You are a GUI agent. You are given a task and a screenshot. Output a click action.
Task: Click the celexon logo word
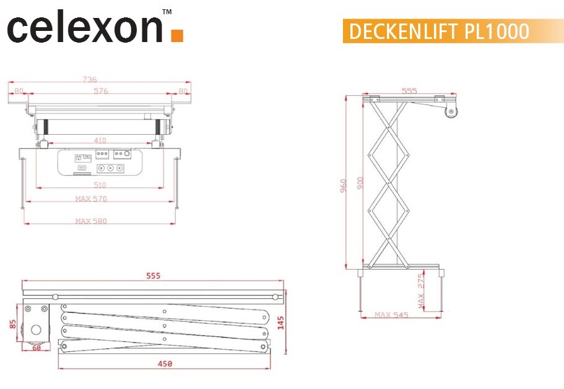click(x=85, y=28)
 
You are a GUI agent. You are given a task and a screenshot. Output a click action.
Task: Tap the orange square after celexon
click(x=177, y=35)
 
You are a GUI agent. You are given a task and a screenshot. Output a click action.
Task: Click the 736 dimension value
click(x=90, y=79)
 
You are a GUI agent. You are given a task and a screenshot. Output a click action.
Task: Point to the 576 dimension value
click(x=101, y=91)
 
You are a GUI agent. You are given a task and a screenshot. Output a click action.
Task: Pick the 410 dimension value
click(x=99, y=140)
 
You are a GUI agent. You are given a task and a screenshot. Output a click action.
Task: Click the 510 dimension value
click(x=99, y=184)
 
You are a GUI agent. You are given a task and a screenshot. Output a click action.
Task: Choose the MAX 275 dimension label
click(x=422, y=291)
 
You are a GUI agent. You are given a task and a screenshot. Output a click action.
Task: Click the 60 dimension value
click(x=37, y=348)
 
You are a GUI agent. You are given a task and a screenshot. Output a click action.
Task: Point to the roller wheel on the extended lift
click(x=451, y=113)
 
